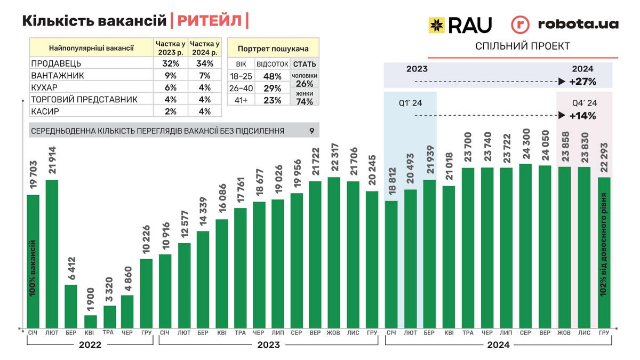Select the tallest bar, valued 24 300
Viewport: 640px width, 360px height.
[x=525, y=245]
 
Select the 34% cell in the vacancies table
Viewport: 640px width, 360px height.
[x=205, y=63]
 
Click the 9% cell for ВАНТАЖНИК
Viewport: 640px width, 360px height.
[x=171, y=76]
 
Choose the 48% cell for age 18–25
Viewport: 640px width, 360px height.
[x=272, y=76]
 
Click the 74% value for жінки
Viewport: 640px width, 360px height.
[x=305, y=102]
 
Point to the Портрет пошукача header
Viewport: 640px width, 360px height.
[x=273, y=49]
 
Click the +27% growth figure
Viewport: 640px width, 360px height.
[x=582, y=82]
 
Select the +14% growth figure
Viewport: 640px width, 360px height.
[x=582, y=115]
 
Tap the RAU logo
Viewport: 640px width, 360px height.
[x=460, y=24]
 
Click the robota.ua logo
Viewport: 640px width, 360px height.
[x=565, y=24]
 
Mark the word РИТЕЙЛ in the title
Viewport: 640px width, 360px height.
[x=209, y=21]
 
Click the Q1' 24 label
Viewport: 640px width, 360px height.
[x=410, y=103]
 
